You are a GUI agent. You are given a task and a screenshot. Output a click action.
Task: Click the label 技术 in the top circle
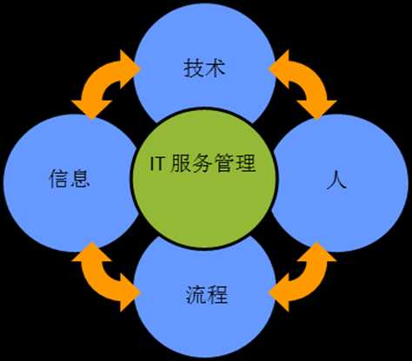204,69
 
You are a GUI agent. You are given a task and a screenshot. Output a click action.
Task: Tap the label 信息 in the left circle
70,178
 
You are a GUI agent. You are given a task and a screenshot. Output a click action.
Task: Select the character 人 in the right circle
336,180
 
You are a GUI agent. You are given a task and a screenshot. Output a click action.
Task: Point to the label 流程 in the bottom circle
207,294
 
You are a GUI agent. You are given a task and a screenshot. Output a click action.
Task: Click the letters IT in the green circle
157,163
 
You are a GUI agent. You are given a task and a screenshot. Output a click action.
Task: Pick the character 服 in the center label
180,163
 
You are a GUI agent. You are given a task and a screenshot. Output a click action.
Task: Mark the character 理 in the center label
246,163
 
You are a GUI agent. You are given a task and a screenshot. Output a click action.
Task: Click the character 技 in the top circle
194,69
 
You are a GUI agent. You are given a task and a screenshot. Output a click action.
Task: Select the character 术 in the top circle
216,69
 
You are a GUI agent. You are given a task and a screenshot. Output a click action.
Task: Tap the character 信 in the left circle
59,178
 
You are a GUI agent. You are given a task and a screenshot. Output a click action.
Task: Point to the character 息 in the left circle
80,178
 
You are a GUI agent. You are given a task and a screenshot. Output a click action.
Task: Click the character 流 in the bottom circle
196,294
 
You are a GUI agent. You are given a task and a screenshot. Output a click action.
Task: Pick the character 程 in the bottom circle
217,294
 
